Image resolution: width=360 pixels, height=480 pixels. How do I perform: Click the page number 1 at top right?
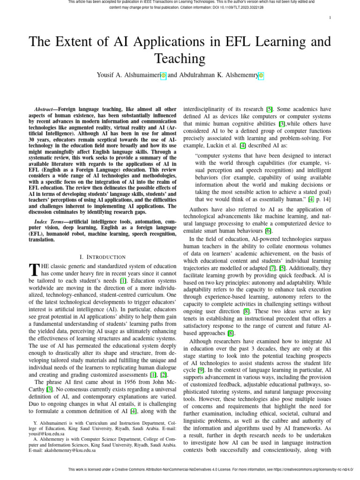[330, 18]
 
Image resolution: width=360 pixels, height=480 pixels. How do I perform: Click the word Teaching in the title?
[180, 59]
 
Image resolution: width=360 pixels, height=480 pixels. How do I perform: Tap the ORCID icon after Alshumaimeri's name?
[163, 75]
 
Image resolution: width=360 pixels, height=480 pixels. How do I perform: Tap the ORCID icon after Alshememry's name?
[261, 75]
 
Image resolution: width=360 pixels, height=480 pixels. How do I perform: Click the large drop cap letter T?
[33, 270]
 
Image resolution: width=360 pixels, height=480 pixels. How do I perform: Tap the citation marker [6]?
[268, 231]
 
